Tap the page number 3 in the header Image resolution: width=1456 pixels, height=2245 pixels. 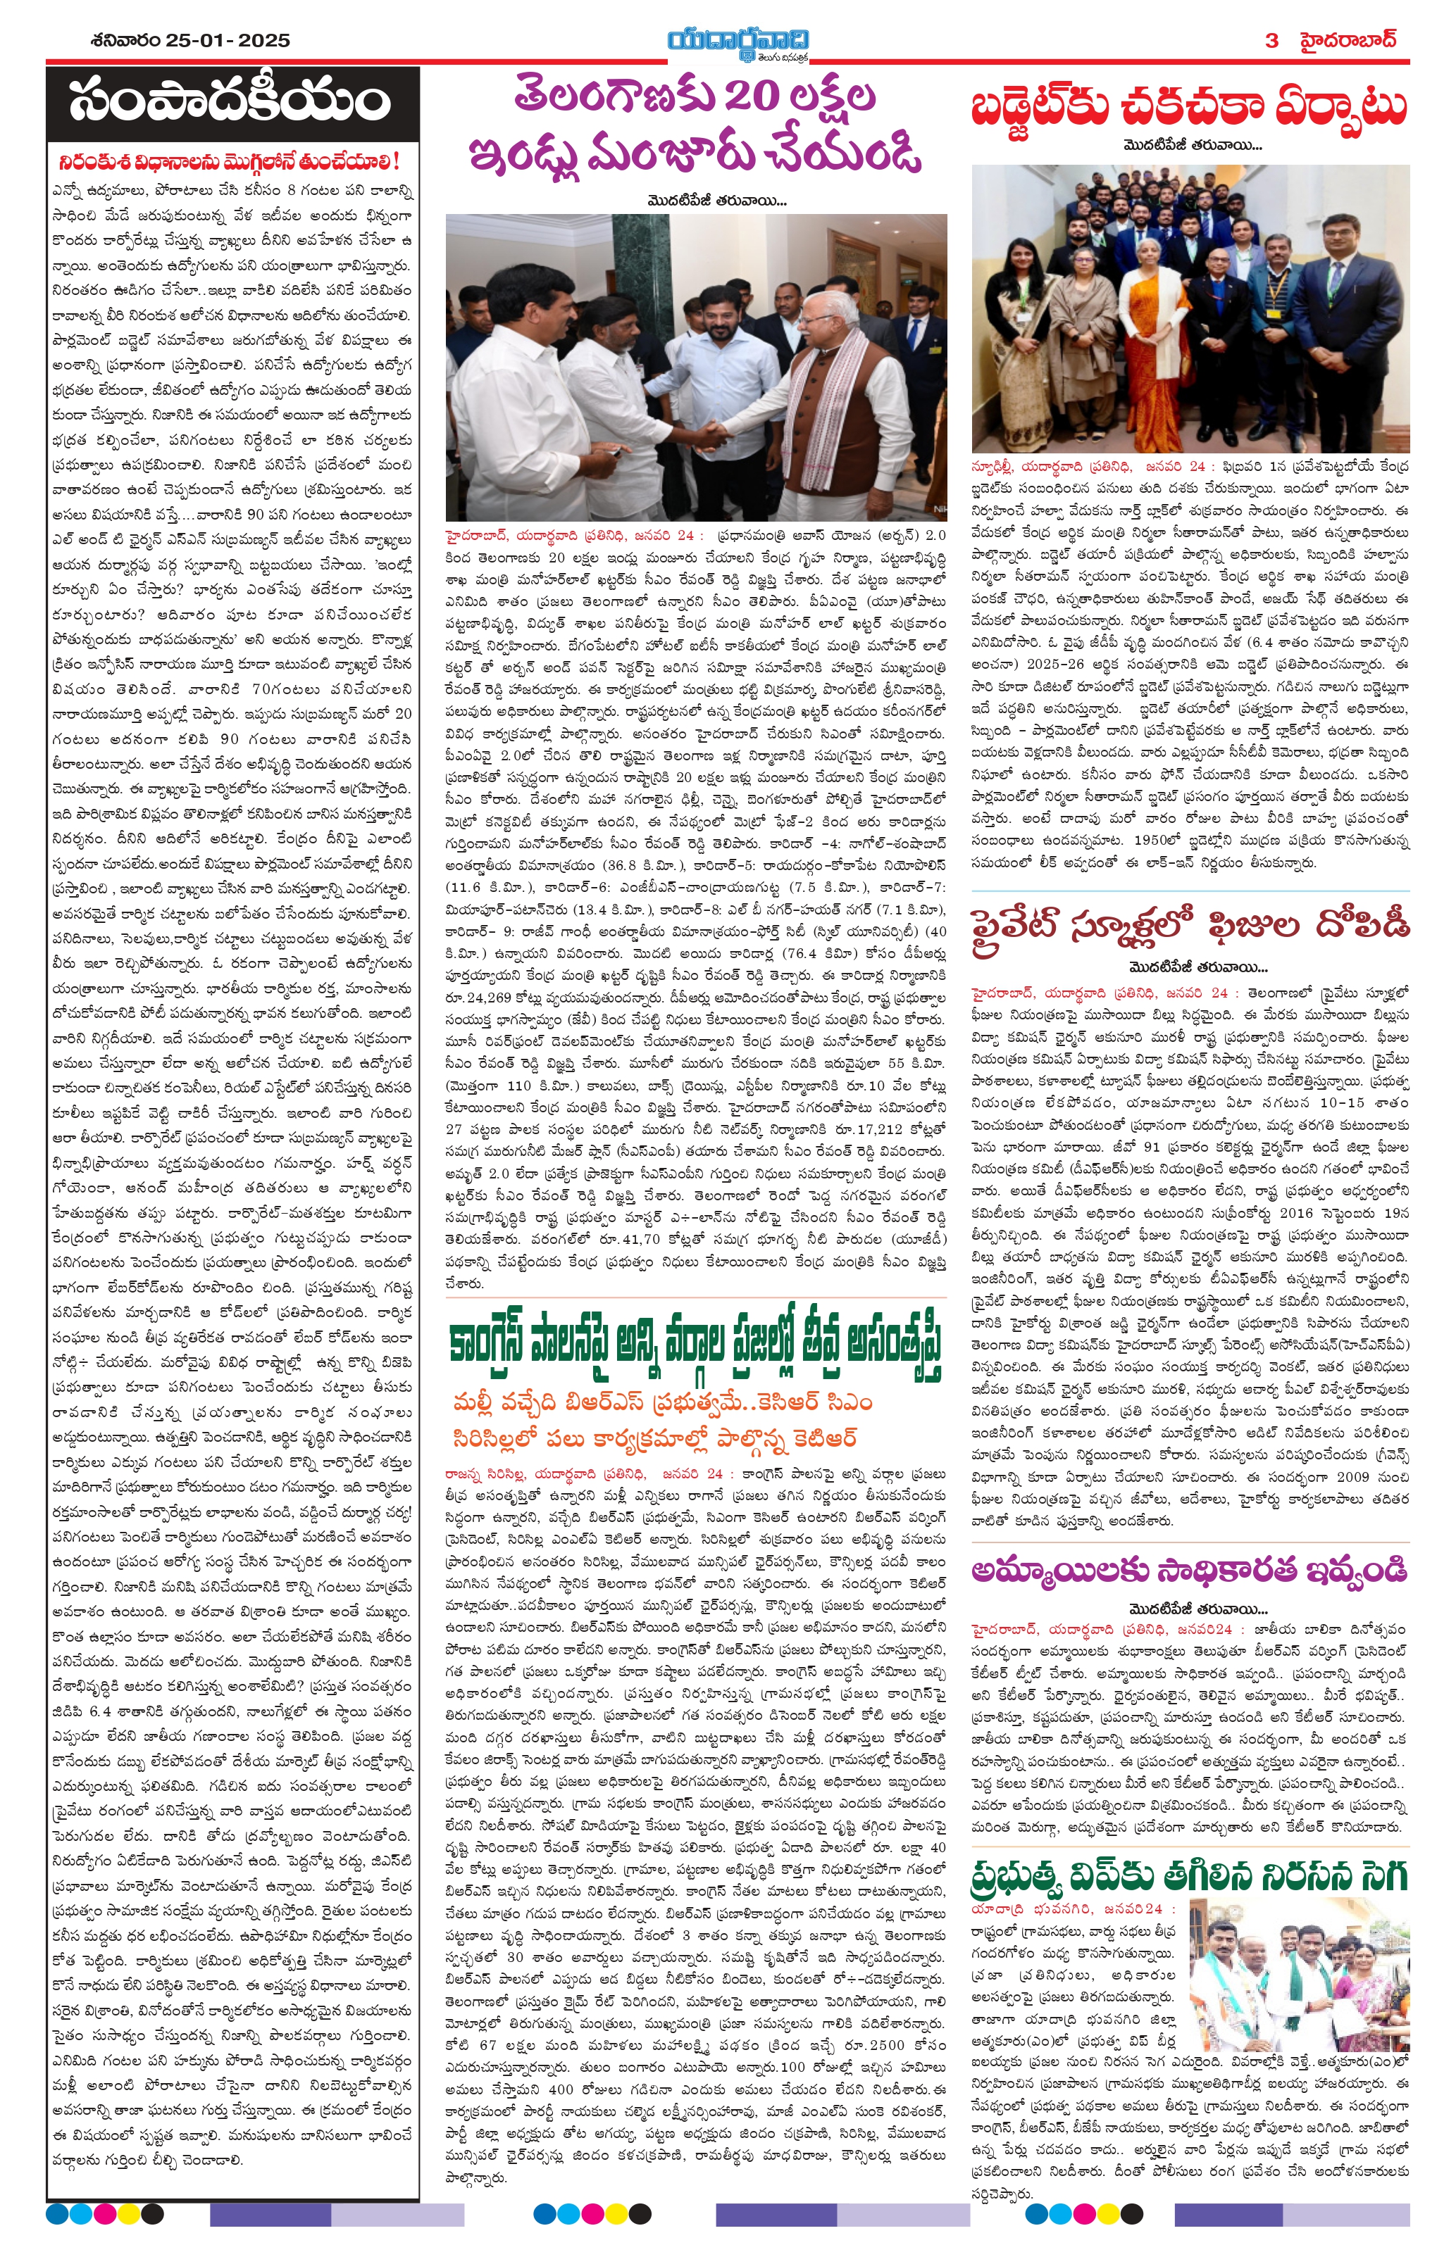(x=1272, y=41)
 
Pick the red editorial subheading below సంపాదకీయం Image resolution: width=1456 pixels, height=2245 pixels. (x=230, y=161)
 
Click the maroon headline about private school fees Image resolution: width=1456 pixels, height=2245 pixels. (x=1190, y=926)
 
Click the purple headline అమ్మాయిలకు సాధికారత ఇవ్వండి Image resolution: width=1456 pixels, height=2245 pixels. (x=1190, y=1571)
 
